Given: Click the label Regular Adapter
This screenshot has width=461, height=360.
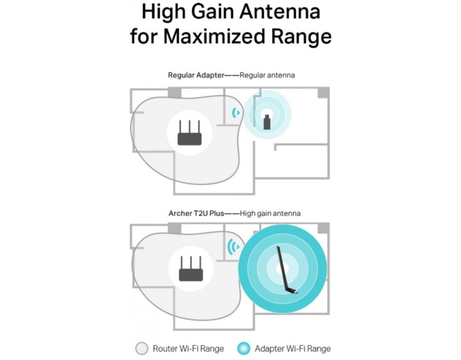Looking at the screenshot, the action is pos(196,75).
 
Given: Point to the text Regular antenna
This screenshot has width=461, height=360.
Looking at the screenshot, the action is pos(267,75).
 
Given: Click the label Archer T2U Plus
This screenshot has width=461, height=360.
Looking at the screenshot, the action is pos(196,213).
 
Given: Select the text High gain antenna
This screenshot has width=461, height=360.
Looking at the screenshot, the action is pos(270,214).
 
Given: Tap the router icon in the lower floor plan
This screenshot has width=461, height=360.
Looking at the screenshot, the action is pos(191,268).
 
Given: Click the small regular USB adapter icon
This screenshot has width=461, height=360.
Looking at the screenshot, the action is pos(267,122).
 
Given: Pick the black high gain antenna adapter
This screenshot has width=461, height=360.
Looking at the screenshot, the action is pos(288,270).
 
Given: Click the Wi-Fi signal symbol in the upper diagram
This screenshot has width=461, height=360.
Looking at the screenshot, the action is pos(236,112).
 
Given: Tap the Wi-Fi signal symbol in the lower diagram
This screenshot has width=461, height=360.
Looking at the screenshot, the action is pos(234,247).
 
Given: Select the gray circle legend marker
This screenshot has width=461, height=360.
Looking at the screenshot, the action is pos(142,349).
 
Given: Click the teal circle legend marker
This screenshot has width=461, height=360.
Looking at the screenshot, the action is pos(244,349).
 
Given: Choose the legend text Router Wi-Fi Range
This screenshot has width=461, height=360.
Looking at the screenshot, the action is pos(189,349).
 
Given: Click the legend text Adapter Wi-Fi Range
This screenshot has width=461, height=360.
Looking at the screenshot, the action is pos(293,349).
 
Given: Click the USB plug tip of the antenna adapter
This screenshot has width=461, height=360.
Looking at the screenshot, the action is pos(297,292).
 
